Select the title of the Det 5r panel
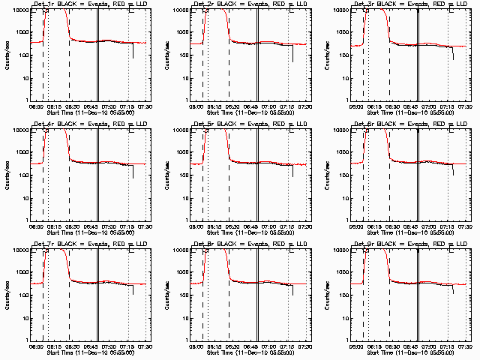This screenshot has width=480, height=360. (241, 124)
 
